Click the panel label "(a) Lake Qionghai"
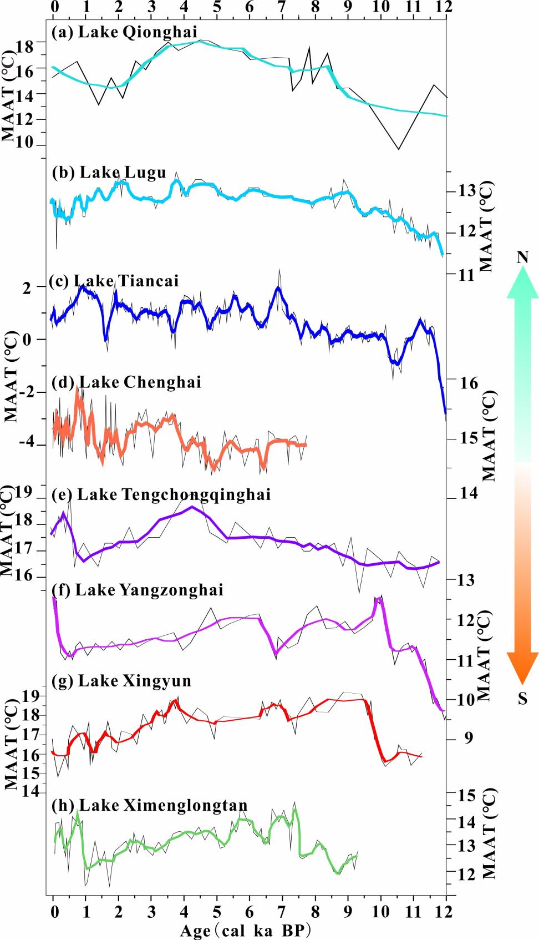point(124,31)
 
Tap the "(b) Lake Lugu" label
point(109,173)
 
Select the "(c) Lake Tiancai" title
point(114,281)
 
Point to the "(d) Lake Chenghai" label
point(126,382)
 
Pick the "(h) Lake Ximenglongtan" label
point(150,805)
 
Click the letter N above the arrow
point(522,257)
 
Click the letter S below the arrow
point(522,698)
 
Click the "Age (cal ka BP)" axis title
point(244,931)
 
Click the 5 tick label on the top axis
point(217,8)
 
